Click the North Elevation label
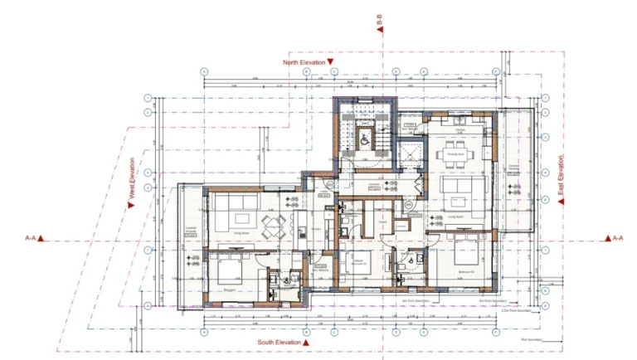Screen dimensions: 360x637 (x=303, y=61)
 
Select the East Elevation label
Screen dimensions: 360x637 (x=562, y=179)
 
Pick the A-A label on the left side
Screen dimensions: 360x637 (x=30, y=238)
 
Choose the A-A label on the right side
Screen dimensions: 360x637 (x=616, y=238)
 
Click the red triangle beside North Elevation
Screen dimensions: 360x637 (x=330, y=61)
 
